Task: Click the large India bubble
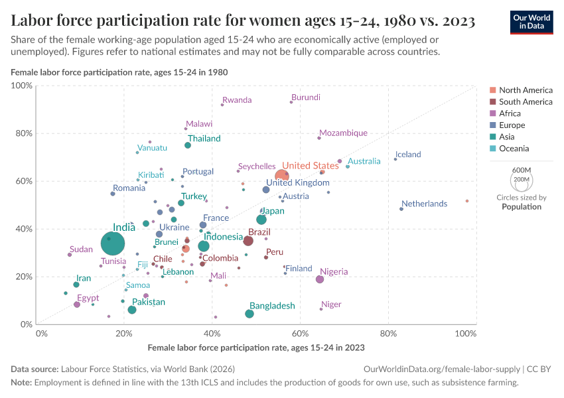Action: click(113, 243)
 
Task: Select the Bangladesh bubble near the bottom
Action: click(249, 314)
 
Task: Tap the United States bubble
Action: click(282, 176)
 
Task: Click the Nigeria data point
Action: click(320, 279)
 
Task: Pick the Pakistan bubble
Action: click(132, 310)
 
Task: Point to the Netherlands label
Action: click(424, 204)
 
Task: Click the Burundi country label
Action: click(306, 97)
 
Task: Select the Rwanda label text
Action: click(237, 100)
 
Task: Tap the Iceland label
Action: click(408, 155)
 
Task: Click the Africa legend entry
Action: click(511, 113)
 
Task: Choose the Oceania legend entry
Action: click(514, 149)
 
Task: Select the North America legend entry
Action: click(526, 90)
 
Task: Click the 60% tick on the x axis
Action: click(301, 333)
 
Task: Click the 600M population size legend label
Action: click(522, 170)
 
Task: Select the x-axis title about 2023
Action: click(256, 347)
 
